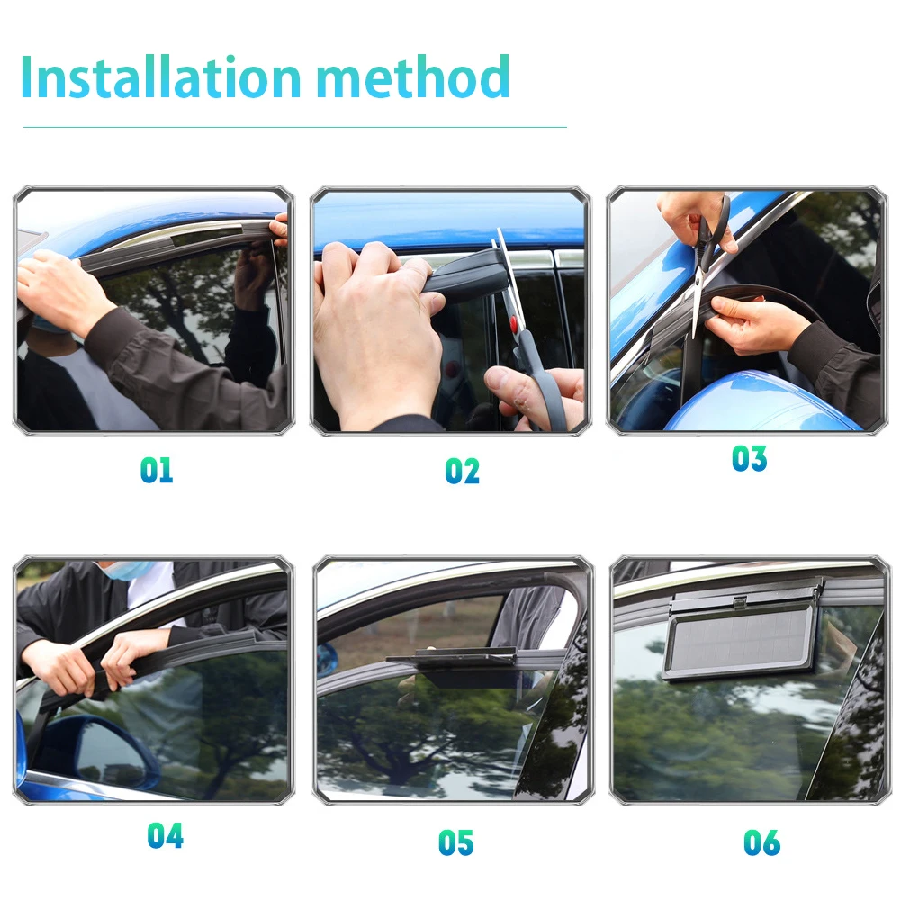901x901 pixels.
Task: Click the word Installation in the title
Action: point(160,77)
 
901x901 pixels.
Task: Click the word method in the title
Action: point(413,77)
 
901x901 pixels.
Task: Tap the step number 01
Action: point(157,470)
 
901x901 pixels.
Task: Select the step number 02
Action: point(462,471)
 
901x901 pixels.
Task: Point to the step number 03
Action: point(749,458)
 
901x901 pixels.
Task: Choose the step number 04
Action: point(166,835)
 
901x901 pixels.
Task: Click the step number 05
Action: point(456,843)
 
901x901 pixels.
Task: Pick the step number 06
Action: point(762,843)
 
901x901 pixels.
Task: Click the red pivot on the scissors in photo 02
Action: point(513,323)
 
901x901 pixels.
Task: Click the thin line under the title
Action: point(294,127)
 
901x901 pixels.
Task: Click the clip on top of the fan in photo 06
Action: point(741,602)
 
